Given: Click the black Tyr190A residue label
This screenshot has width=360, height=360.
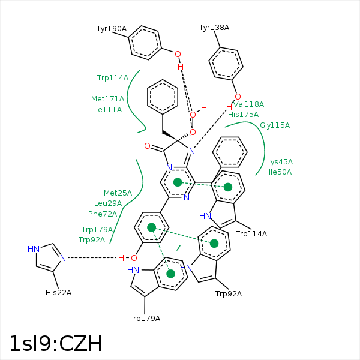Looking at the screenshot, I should coord(112,29).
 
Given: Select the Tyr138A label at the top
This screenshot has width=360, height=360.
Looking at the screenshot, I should coord(214,28).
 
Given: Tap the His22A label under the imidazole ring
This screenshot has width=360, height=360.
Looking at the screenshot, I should coord(58,293).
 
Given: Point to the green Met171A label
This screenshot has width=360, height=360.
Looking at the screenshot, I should coord(107,99).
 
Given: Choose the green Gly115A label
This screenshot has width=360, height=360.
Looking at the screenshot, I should coord(275,125).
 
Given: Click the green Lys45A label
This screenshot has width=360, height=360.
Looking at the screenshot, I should coord(280,162).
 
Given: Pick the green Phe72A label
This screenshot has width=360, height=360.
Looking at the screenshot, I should coord(103,214).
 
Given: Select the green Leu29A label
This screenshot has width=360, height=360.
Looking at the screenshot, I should coord(108,203).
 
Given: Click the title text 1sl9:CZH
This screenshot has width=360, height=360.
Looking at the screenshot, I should coord(55,344).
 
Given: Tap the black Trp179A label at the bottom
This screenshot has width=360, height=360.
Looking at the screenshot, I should coord(145,318).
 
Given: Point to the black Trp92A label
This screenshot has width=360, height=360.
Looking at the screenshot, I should coord(229,293).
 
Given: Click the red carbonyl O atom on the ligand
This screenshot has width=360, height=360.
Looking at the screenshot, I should coord(147,146).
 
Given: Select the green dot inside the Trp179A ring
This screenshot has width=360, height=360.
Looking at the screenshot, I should coord(171,274).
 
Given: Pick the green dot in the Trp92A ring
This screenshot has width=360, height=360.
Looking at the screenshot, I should coord(214,243).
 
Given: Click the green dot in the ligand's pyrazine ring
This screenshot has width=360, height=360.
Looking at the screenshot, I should coord(178,182).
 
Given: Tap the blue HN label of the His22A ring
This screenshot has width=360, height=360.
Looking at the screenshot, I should coord(34,249).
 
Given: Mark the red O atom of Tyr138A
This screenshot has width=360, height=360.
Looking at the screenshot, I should coord(238,97).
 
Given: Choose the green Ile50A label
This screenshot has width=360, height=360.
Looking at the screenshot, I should coord(280,172).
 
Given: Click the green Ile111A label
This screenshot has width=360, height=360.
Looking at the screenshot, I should coord(108,110).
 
